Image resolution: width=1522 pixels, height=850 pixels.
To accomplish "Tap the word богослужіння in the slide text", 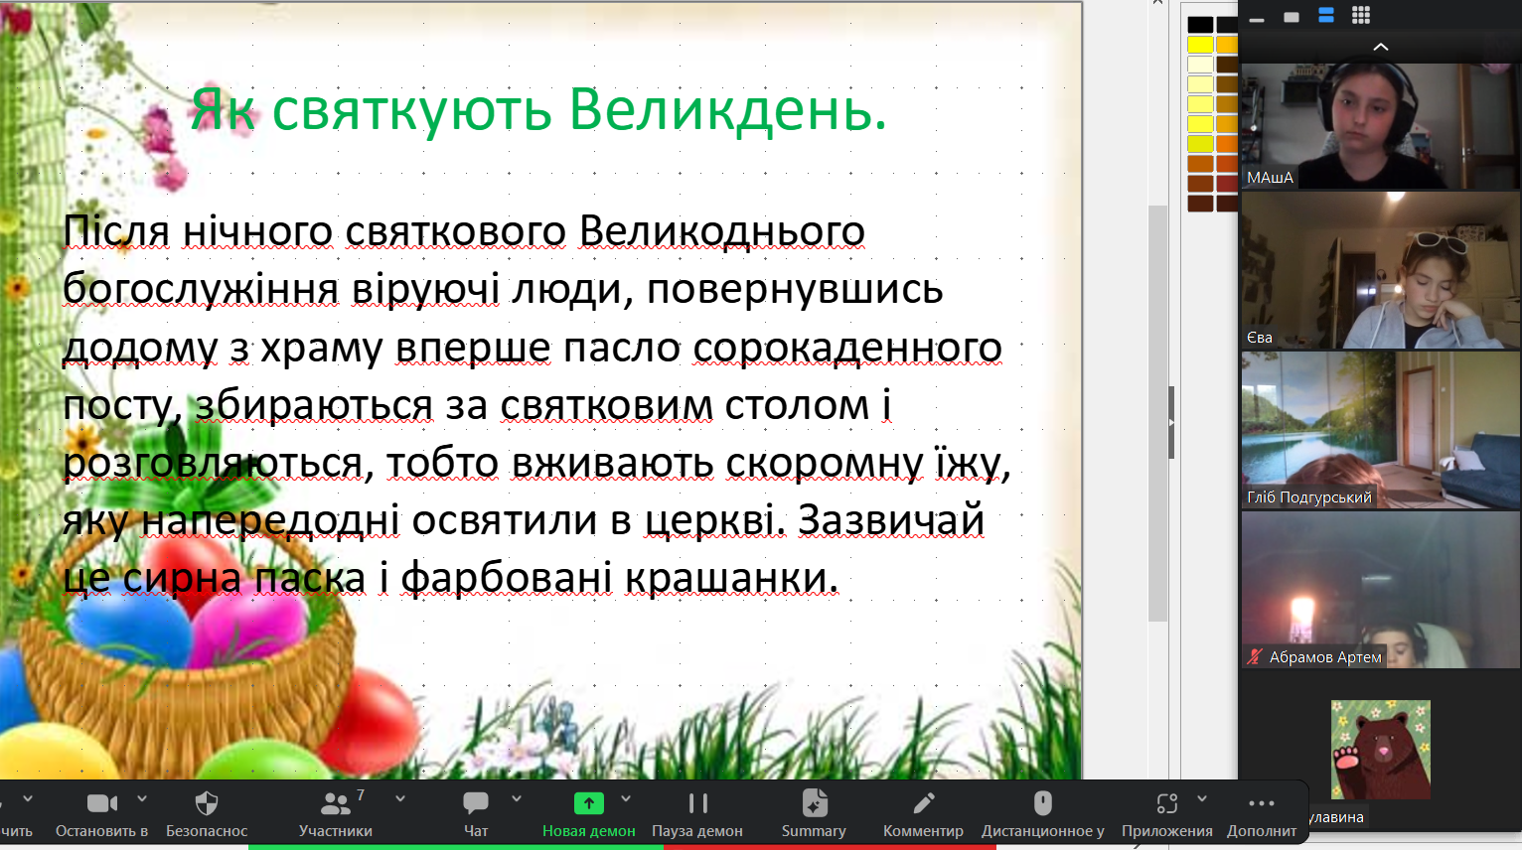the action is coord(201,290).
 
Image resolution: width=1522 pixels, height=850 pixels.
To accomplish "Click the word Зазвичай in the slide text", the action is coord(891,520).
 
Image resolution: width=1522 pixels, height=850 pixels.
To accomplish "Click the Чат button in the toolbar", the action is coord(476,813).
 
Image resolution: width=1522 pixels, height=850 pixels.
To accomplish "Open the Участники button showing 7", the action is coord(336,813).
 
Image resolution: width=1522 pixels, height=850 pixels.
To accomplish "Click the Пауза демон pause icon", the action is coord(697,804).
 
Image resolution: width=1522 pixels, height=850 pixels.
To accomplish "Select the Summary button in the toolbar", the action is coord(814,813).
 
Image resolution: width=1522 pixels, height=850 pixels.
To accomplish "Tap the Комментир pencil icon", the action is coord(923,804).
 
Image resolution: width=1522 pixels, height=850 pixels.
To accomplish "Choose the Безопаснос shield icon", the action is coord(207,804).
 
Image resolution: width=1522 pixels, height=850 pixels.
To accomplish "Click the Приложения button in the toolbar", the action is coord(1166,813).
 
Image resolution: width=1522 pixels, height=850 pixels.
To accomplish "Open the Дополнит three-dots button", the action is coord(1262,813).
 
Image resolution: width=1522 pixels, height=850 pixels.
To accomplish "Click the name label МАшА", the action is coord(1270,178).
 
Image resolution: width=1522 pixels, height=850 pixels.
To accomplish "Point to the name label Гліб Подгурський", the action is coord(1309,497).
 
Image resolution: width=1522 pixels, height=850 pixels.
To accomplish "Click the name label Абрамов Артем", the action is coord(1325,657).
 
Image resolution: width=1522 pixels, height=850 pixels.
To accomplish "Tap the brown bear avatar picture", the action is coord(1381,750).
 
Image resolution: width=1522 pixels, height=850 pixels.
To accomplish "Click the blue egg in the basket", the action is coord(132,626).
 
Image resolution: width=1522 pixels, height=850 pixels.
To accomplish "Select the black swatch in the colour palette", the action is coord(1201,25).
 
